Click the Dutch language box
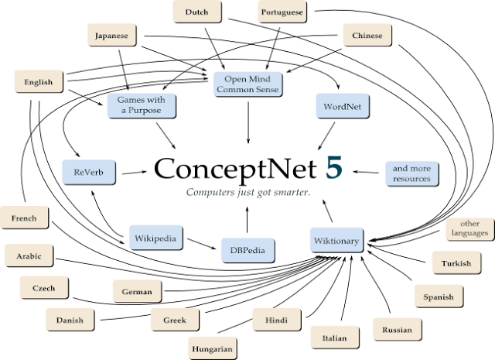196,12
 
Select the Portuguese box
282,12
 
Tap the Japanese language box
111,35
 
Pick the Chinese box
367,35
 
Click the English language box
38,81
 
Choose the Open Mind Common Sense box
247,84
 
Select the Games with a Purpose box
141,105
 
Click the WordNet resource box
343,105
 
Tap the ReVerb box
88,172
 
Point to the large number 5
333,169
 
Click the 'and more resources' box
411,173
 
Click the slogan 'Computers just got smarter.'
248,192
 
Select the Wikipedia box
155,237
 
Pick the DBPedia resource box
247,250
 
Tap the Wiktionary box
336,240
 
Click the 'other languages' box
469,228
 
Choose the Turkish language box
456,262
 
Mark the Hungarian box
213,348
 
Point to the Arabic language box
29,255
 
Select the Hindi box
276,319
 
